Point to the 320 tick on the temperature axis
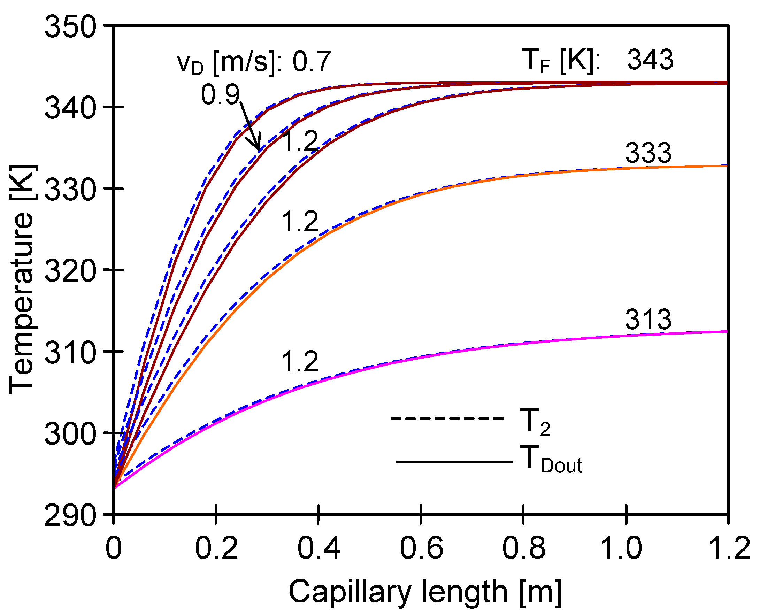pos(70,270)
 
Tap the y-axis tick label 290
pos(70,515)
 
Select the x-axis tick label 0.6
pos(421,548)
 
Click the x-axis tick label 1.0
pos(626,548)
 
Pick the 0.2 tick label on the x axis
pos(216,548)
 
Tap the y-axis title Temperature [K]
pos(22,279)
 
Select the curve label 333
pos(648,153)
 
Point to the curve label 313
pos(648,320)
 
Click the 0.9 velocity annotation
pos(221,95)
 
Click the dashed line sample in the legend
pos(447,418)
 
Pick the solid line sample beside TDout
pos(454,462)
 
